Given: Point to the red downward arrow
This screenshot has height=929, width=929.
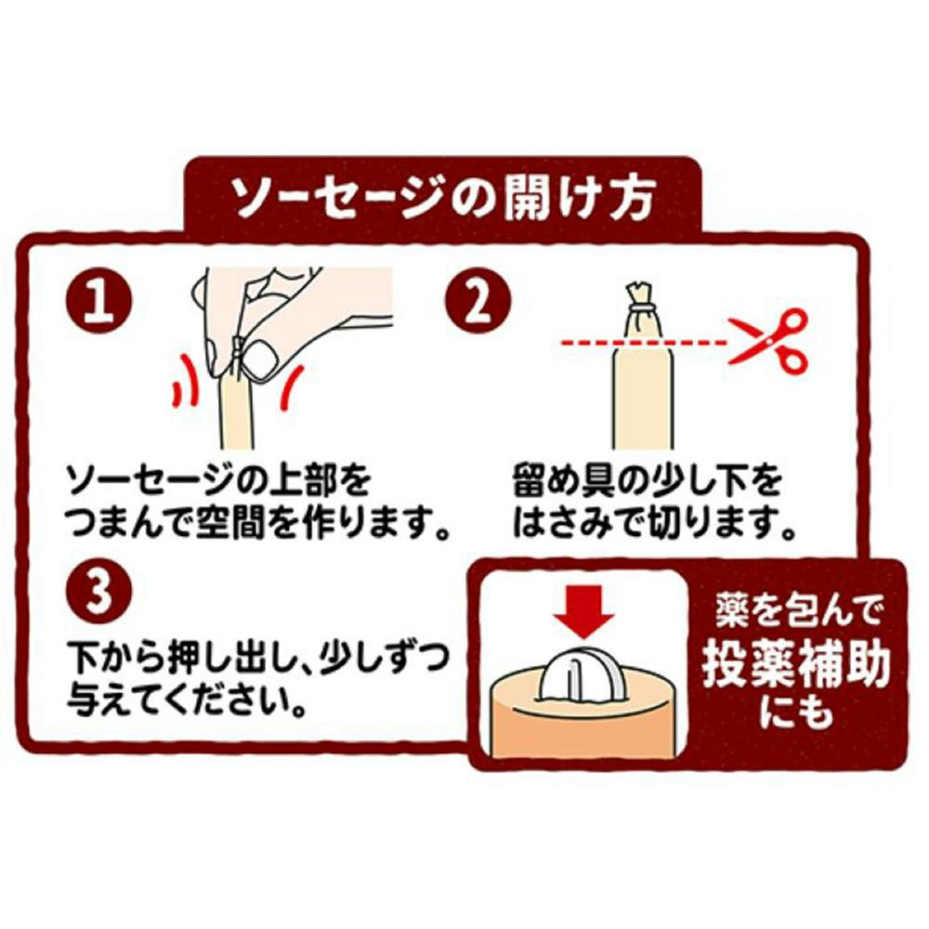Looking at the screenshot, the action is (584, 611).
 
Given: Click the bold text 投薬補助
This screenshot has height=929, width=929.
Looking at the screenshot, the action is (796, 665).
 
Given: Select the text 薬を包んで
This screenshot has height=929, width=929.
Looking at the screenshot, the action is (797, 611).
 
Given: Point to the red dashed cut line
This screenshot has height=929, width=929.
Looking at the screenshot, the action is (644, 343).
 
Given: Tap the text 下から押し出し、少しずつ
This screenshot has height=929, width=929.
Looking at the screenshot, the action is (256, 657).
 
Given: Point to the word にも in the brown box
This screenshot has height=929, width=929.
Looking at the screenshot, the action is (796, 711).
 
